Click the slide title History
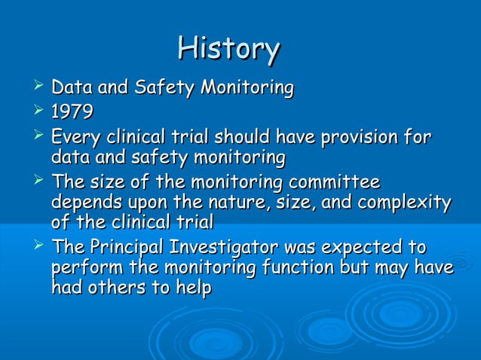click(x=229, y=49)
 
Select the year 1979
click(x=72, y=113)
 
